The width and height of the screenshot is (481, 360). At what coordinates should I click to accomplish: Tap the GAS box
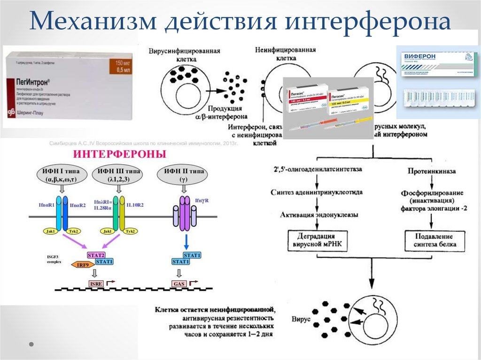179,284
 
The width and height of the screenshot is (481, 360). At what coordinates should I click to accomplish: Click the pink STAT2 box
95,255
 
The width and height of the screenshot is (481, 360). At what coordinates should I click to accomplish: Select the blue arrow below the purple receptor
186,242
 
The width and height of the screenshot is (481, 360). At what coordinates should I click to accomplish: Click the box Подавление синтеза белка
434,241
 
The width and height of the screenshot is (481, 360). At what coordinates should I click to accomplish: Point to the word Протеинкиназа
434,172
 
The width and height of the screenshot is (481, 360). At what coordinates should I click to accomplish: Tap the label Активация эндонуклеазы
319,215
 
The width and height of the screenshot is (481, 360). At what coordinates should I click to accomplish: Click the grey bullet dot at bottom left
31,344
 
